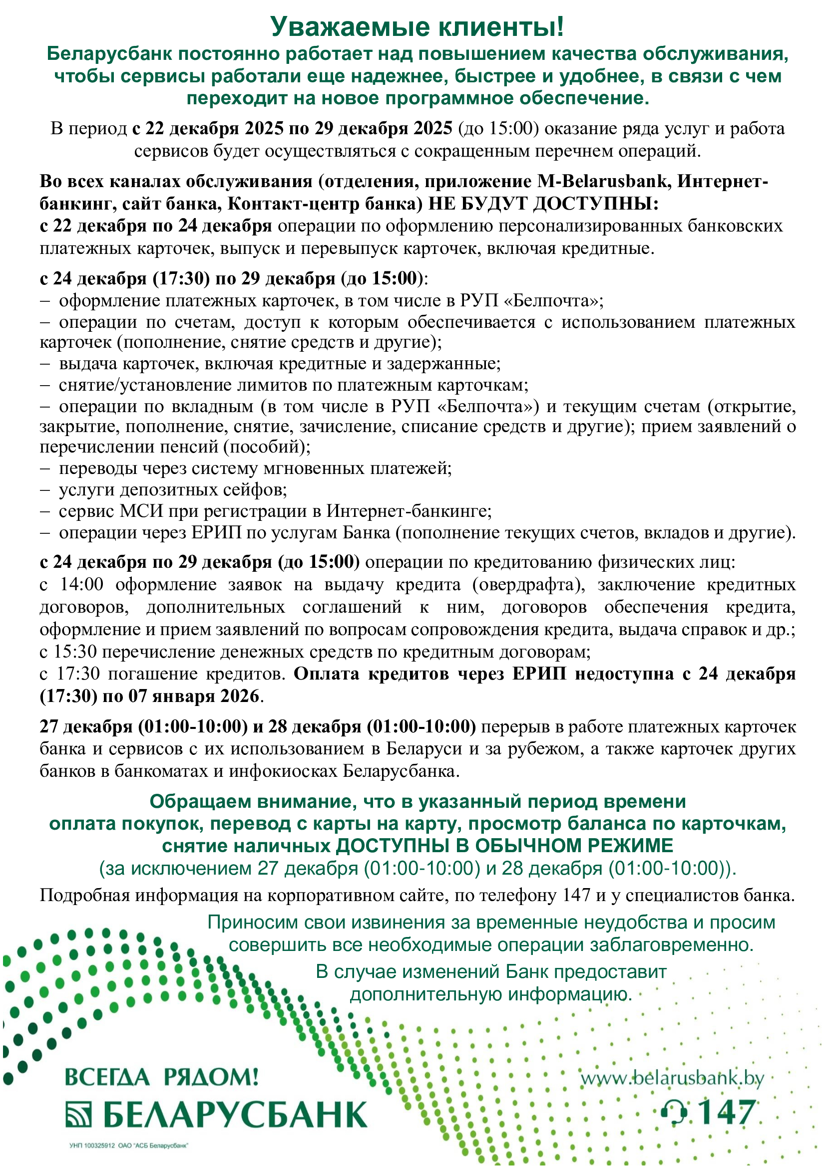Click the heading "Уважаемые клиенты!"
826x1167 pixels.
(x=416, y=26)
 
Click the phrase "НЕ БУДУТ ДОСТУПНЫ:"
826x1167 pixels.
(x=543, y=204)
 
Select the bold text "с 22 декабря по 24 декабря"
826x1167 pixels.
(x=156, y=226)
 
